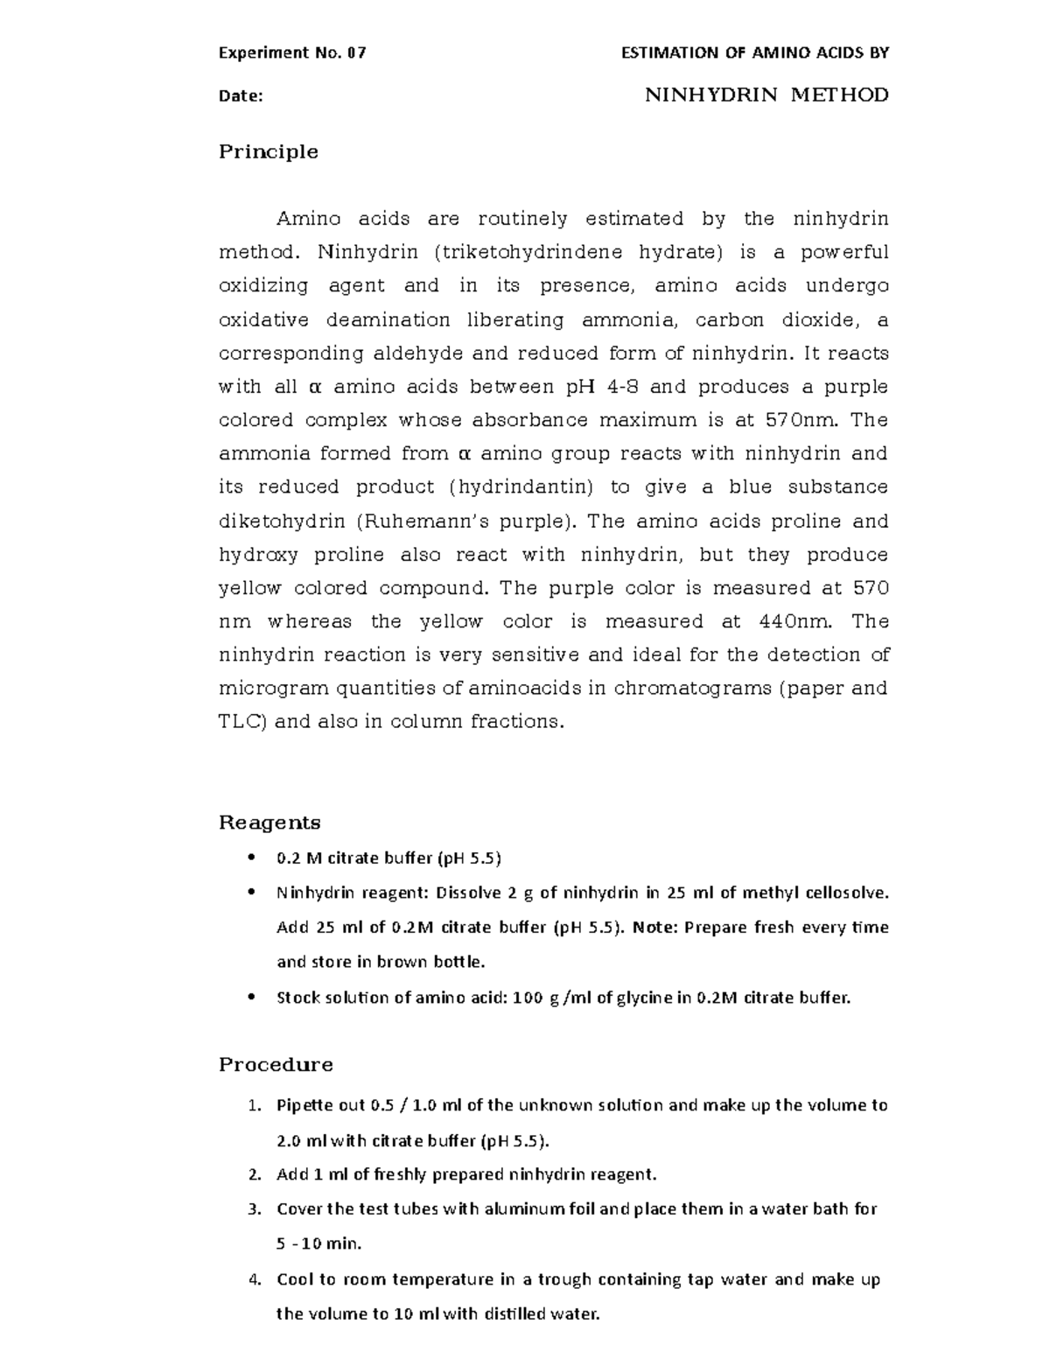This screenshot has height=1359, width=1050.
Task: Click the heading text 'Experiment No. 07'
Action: [292, 53]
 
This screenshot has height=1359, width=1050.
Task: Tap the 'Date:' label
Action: [241, 96]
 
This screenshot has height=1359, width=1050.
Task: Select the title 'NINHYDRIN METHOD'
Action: [766, 95]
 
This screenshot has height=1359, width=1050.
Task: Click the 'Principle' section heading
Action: [268, 152]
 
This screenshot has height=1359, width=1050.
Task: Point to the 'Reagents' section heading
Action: [269, 823]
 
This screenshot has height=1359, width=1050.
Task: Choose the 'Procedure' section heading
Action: [276, 1065]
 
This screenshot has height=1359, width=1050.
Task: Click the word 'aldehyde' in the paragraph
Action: [419, 354]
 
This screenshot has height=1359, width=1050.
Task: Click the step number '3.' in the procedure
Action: [255, 1209]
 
